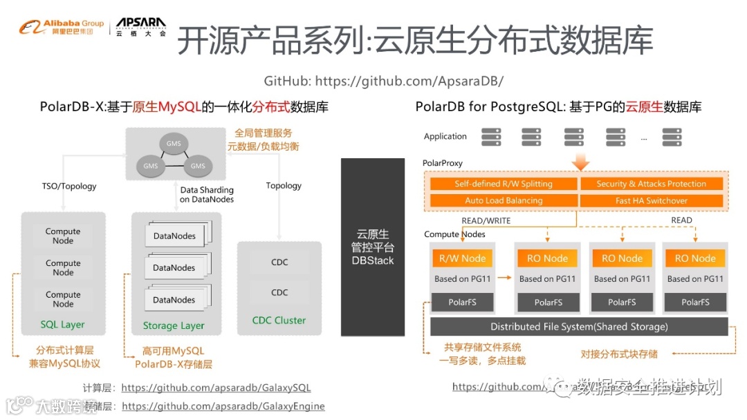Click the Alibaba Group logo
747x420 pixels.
point(61,28)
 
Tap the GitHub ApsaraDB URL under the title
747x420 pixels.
point(383,81)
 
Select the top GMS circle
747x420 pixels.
point(174,144)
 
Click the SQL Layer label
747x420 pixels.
point(62,325)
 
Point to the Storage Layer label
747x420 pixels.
point(174,325)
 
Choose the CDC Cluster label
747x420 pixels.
point(279,321)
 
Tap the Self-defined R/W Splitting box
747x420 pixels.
point(503,184)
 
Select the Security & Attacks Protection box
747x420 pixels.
point(651,184)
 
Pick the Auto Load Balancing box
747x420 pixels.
point(503,200)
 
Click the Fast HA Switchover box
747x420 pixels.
point(651,200)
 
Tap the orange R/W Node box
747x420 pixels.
point(462,258)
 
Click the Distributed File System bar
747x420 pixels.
point(579,327)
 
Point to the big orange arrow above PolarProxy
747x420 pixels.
point(581,161)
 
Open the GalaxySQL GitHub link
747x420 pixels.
point(216,388)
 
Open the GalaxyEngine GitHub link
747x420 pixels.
point(223,406)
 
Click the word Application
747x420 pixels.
point(445,137)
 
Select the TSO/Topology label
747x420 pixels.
point(69,186)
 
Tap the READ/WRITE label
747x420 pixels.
point(486,220)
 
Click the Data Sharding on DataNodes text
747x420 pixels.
point(207,195)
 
